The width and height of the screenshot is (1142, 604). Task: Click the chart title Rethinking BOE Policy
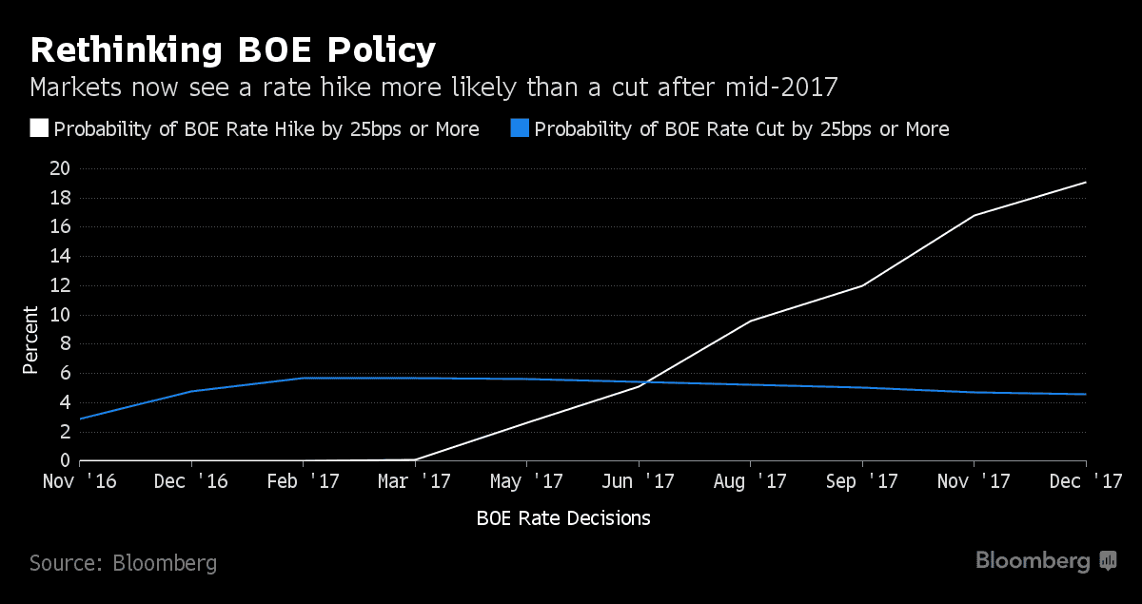click(233, 49)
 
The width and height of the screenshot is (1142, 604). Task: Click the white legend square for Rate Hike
click(39, 128)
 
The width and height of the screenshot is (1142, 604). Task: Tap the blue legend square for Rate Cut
click(520, 128)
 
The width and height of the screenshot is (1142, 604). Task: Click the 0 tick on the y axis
click(65, 461)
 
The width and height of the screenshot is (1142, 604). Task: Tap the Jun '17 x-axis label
click(639, 482)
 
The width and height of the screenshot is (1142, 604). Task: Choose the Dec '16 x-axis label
click(190, 482)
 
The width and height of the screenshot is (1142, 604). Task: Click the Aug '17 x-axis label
click(750, 482)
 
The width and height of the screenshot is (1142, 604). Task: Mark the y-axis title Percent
click(31, 340)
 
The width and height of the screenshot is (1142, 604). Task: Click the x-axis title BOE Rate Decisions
click(563, 518)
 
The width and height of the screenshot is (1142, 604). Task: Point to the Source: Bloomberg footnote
click(123, 563)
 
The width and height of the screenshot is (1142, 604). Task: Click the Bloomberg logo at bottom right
click(1045, 561)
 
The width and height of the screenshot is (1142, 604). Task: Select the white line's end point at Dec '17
click(1086, 183)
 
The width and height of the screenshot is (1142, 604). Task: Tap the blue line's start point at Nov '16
click(81, 419)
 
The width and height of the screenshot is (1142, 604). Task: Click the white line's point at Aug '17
click(750, 321)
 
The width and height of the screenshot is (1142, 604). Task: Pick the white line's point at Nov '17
click(974, 215)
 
